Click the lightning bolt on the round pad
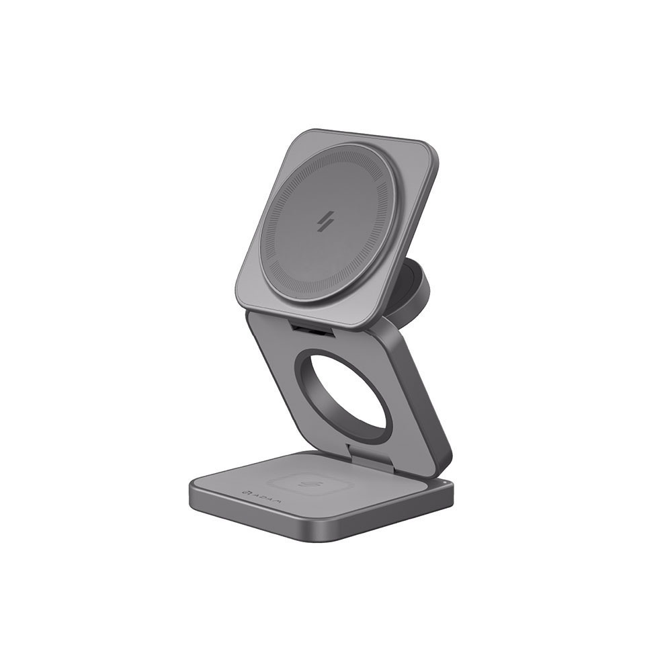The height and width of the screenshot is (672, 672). (329, 222)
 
